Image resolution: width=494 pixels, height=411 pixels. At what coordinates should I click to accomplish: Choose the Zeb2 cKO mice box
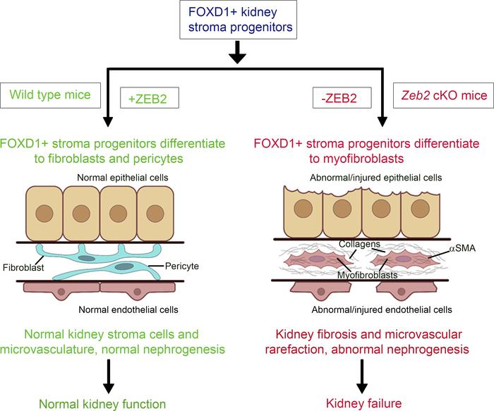pos(442,93)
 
